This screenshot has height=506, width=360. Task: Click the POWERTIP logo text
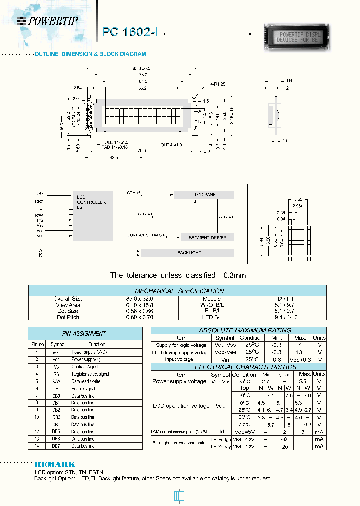click(x=53, y=21)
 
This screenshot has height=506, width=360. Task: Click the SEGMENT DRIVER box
click(x=207, y=237)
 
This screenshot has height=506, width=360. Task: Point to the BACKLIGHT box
click(x=189, y=253)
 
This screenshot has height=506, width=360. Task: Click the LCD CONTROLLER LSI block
click(x=91, y=215)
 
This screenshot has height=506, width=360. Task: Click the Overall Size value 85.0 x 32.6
click(x=141, y=299)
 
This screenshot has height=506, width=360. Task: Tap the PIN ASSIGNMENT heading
click(x=77, y=333)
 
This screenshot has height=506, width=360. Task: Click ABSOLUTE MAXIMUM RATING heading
click(x=231, y=330)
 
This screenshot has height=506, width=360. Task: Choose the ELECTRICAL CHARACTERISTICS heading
click(x=231, y=367)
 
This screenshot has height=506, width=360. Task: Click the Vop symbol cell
click(x=220, y=406)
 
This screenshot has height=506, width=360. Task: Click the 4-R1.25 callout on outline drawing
click(x=218, y=84)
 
